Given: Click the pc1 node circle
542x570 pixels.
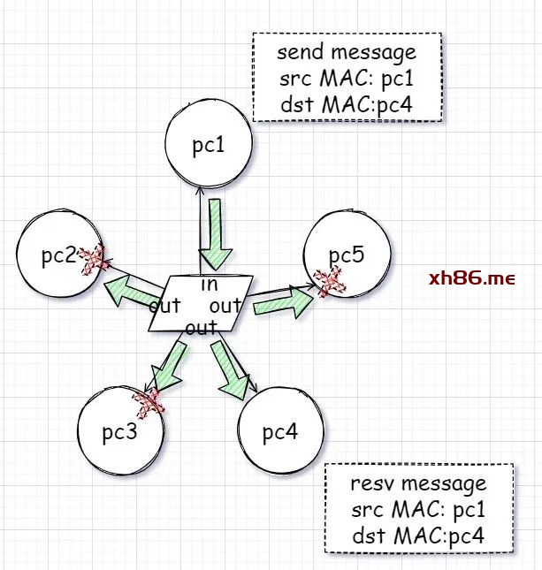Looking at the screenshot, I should coord(209,145).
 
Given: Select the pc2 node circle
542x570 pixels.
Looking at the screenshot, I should coord(58,255).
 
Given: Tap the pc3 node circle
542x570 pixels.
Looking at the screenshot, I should coord(118,433).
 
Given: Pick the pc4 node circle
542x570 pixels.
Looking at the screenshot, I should coord(280,432).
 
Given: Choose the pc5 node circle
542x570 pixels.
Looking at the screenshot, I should coord(346,254).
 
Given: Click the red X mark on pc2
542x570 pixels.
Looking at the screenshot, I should coord(92,259).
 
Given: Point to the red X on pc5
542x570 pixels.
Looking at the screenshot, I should coord(331,282).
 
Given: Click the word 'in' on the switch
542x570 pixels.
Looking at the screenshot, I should coord(209,285).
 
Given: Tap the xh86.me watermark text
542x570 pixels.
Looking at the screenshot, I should coord(471,279).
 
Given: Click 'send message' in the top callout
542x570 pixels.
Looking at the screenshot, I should coord(346,53).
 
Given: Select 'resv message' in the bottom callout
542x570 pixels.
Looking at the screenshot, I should coord(417,484).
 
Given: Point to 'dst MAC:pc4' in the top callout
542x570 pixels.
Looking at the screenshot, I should coord(346,106).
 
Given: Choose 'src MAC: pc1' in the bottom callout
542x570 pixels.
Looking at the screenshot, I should coord(417,510).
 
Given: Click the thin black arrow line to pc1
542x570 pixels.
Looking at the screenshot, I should coord(201,221).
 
